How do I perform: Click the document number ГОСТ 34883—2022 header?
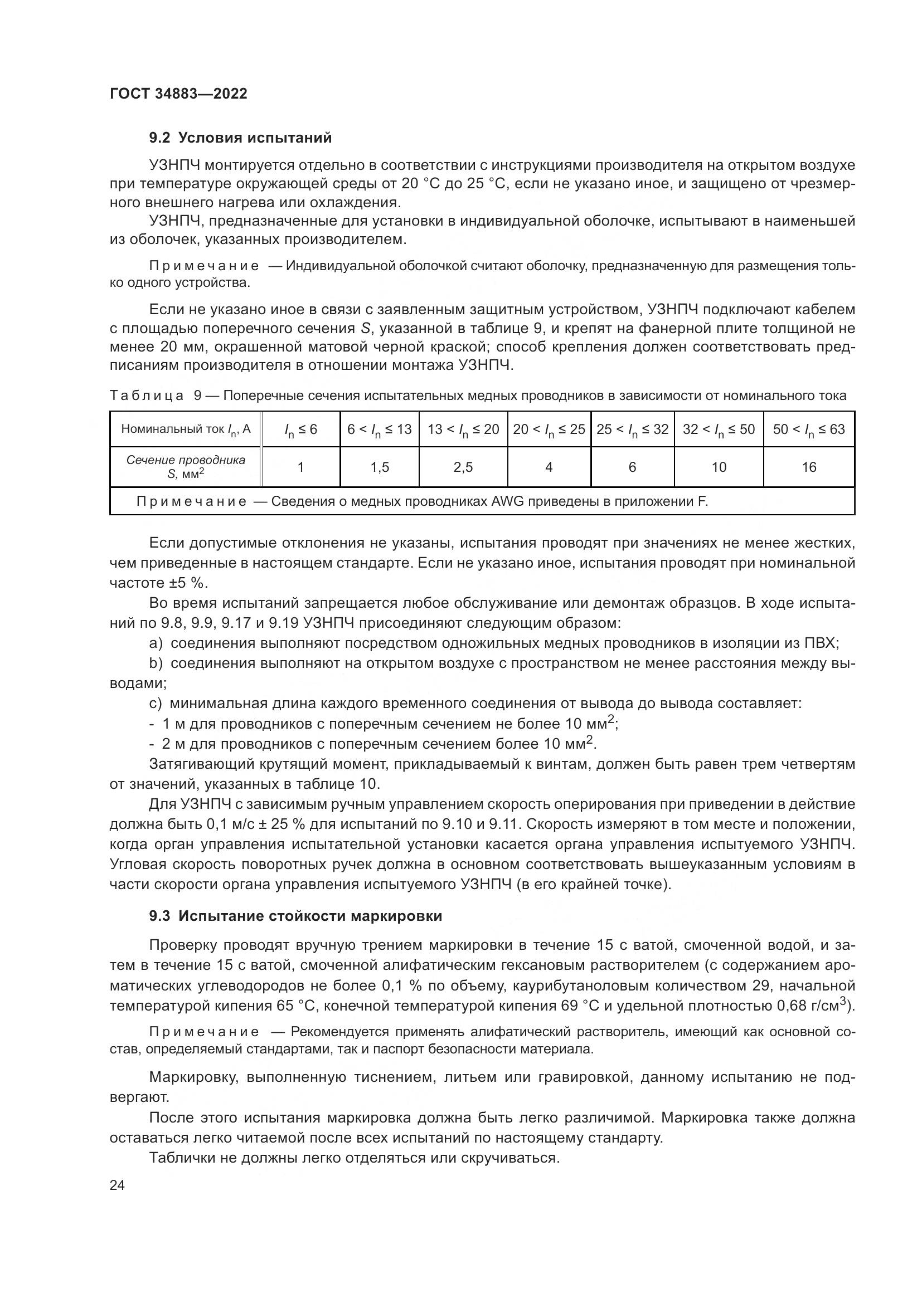point(178,94)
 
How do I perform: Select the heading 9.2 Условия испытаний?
point(240,138)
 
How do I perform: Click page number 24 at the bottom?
point(117,1185)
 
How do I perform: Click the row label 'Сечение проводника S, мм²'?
point(185,466)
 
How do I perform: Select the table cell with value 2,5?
point(463,467)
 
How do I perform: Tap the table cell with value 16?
point(808,467)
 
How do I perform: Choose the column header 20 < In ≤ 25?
point(549,430)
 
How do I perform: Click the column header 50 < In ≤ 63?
point(808,430)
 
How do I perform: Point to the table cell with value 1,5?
point(379,467)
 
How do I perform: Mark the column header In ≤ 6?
point(300,430)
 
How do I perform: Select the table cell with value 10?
point(719,467)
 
